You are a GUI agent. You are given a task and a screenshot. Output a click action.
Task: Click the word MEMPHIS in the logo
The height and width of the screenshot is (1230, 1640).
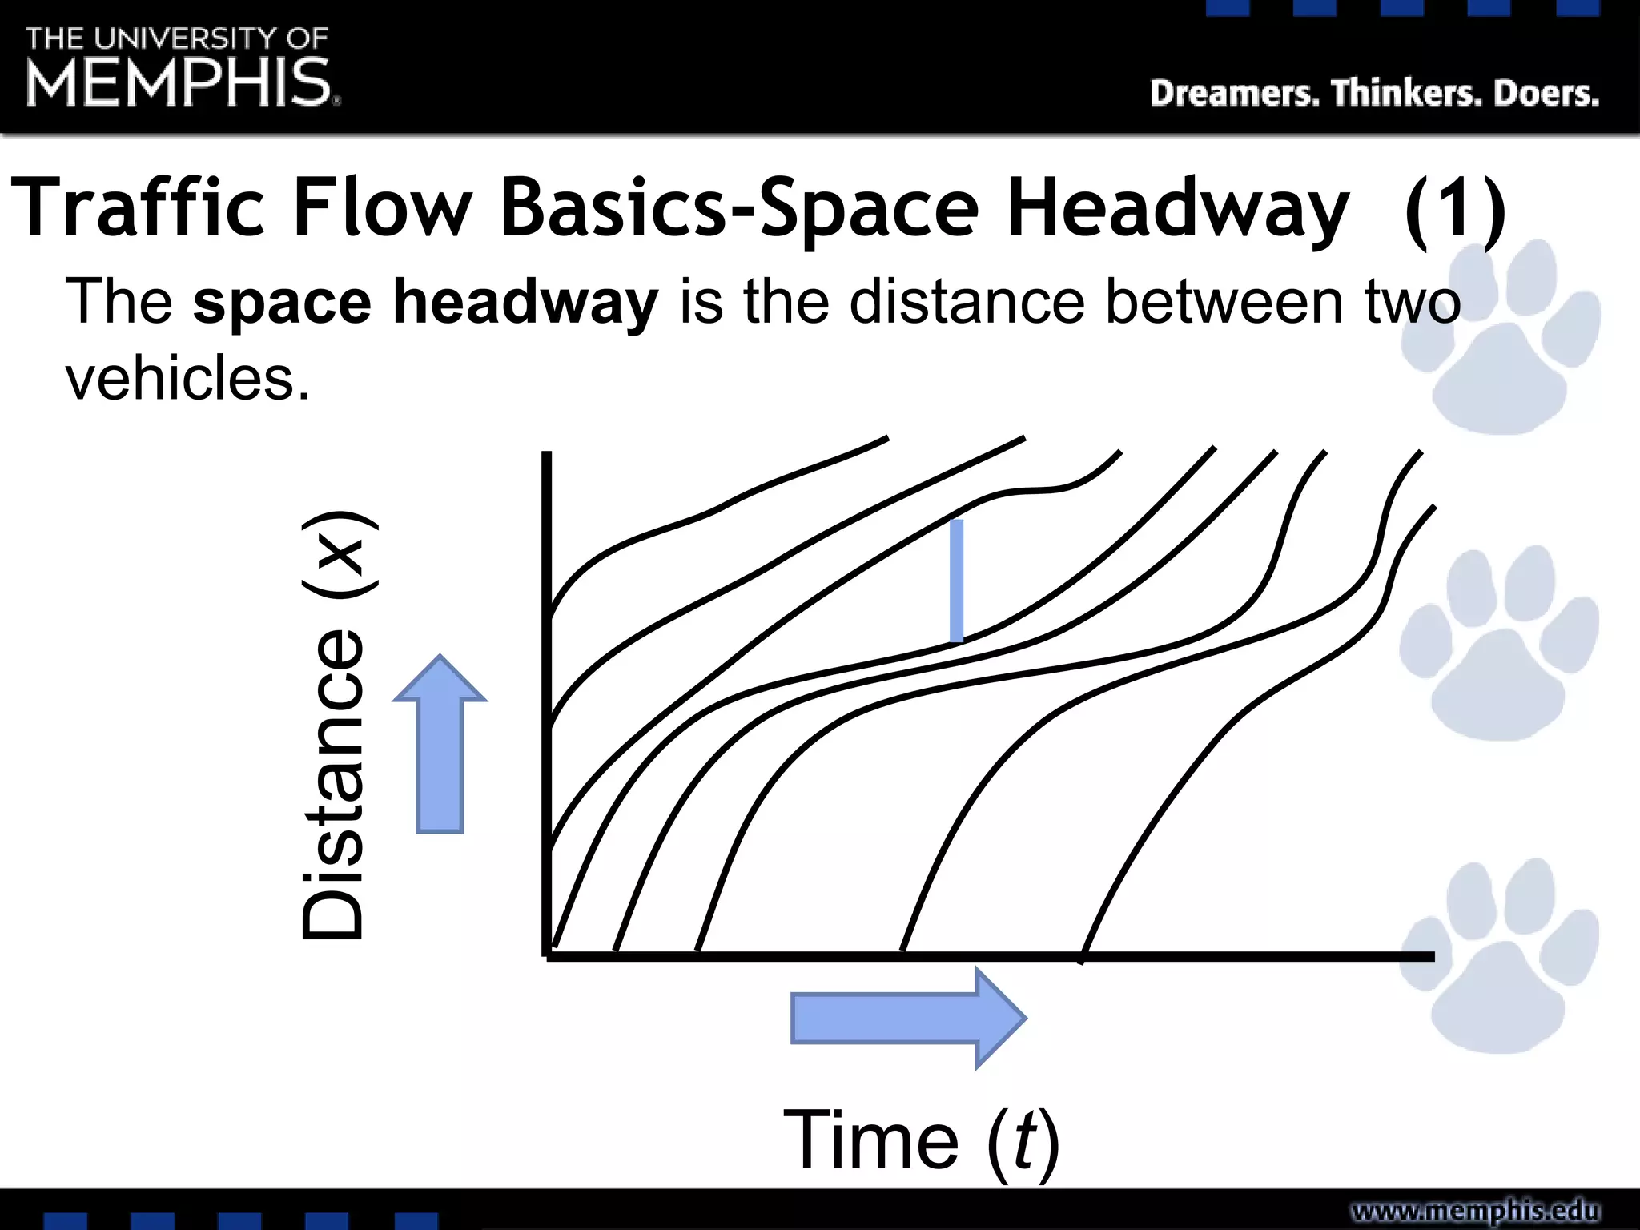[x=179, y=82]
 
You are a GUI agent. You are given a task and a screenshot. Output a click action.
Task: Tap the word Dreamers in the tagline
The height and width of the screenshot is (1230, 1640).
[x=1234, y=94]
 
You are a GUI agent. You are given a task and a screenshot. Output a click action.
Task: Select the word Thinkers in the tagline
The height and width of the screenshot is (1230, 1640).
[x=1405, y=94]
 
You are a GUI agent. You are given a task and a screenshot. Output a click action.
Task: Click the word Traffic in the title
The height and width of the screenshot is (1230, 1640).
[x=137, y=207]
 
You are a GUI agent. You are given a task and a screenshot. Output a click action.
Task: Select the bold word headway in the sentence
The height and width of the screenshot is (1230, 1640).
[x=525, y=302]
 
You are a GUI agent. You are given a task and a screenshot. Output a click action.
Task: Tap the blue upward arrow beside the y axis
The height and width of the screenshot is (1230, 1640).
[x=440, y=745]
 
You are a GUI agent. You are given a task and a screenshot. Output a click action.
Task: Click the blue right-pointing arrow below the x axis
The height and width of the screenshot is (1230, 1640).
[x=907, y=1018]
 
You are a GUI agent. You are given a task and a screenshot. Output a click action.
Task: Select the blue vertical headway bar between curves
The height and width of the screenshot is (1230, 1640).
[x=956, y=581]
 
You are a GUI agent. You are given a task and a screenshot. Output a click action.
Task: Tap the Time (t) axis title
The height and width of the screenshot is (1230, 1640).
[x=921, y=1140]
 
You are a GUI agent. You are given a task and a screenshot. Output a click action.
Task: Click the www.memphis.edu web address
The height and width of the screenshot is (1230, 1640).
[x=1475, y=1210]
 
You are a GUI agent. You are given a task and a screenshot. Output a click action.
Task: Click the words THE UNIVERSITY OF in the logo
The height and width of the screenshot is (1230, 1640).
[x=177, y=38]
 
